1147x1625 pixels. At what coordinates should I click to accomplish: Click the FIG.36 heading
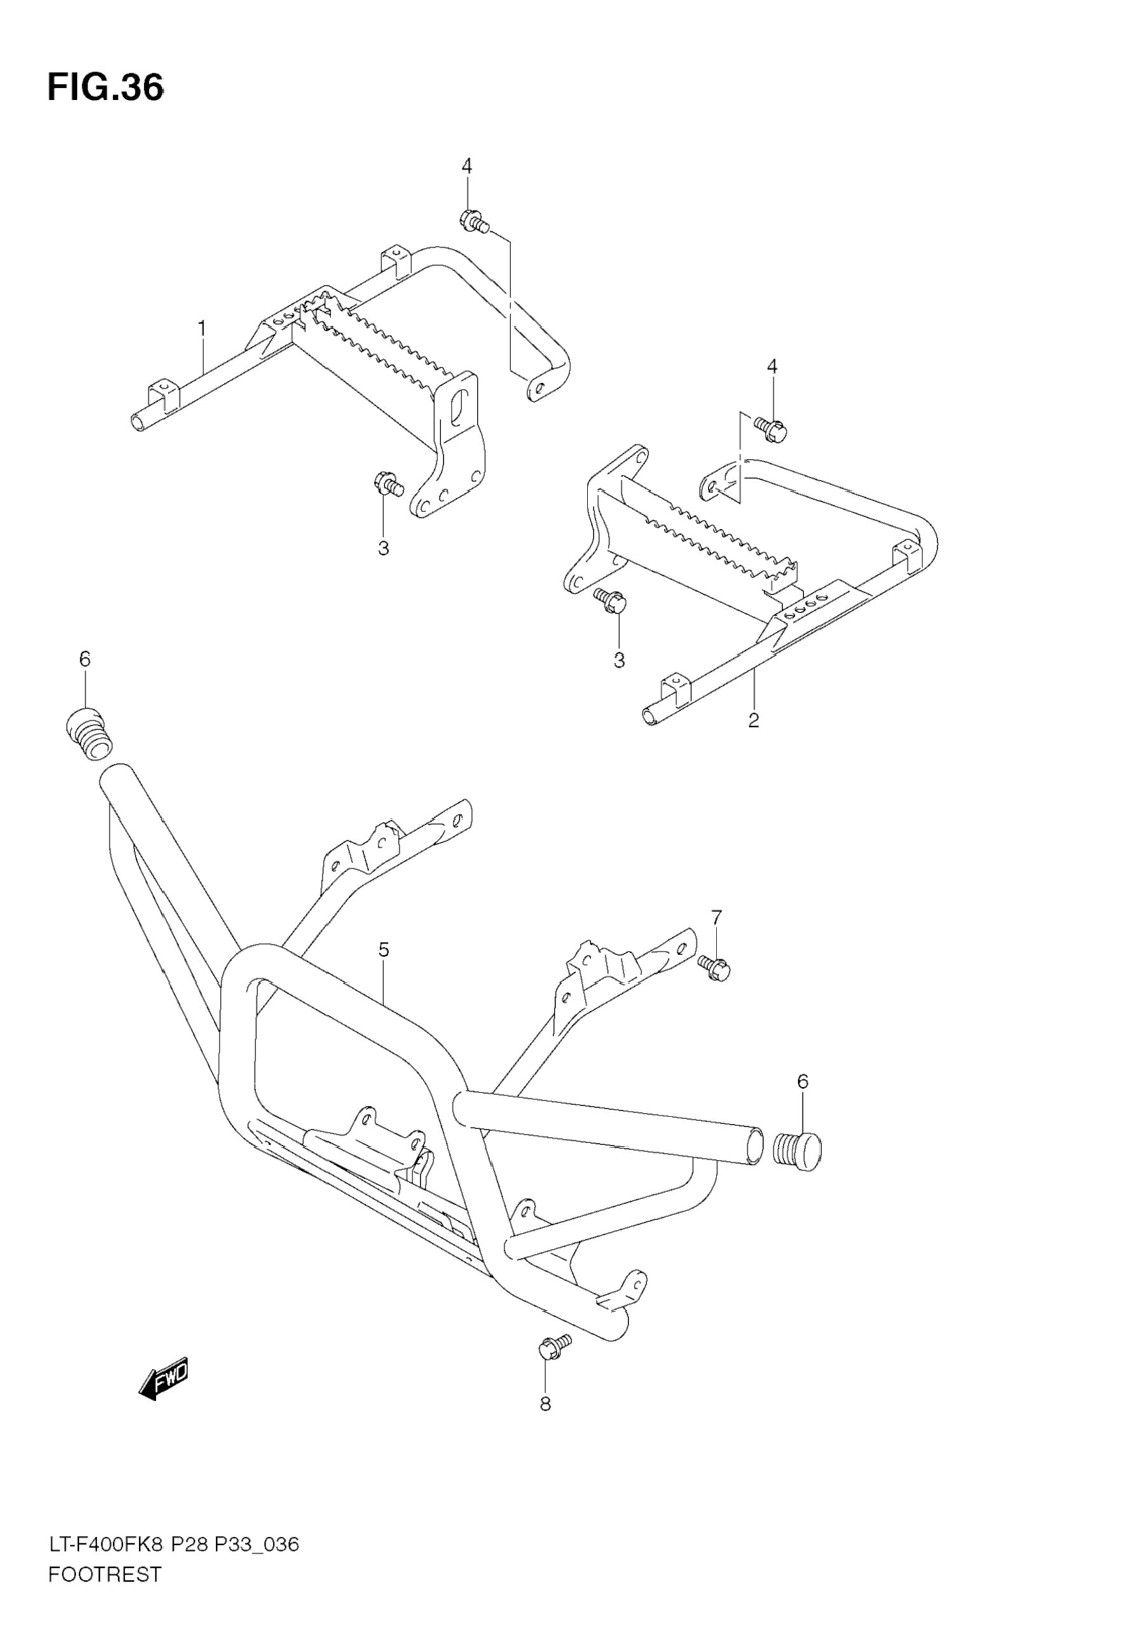(106, 88)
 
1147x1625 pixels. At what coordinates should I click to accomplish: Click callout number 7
(717, 918)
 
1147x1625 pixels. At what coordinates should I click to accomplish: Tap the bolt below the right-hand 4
(771, 427)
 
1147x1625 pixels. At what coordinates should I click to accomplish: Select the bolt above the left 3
(387, 484)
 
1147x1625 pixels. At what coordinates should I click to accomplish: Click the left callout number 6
(85, 659)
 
